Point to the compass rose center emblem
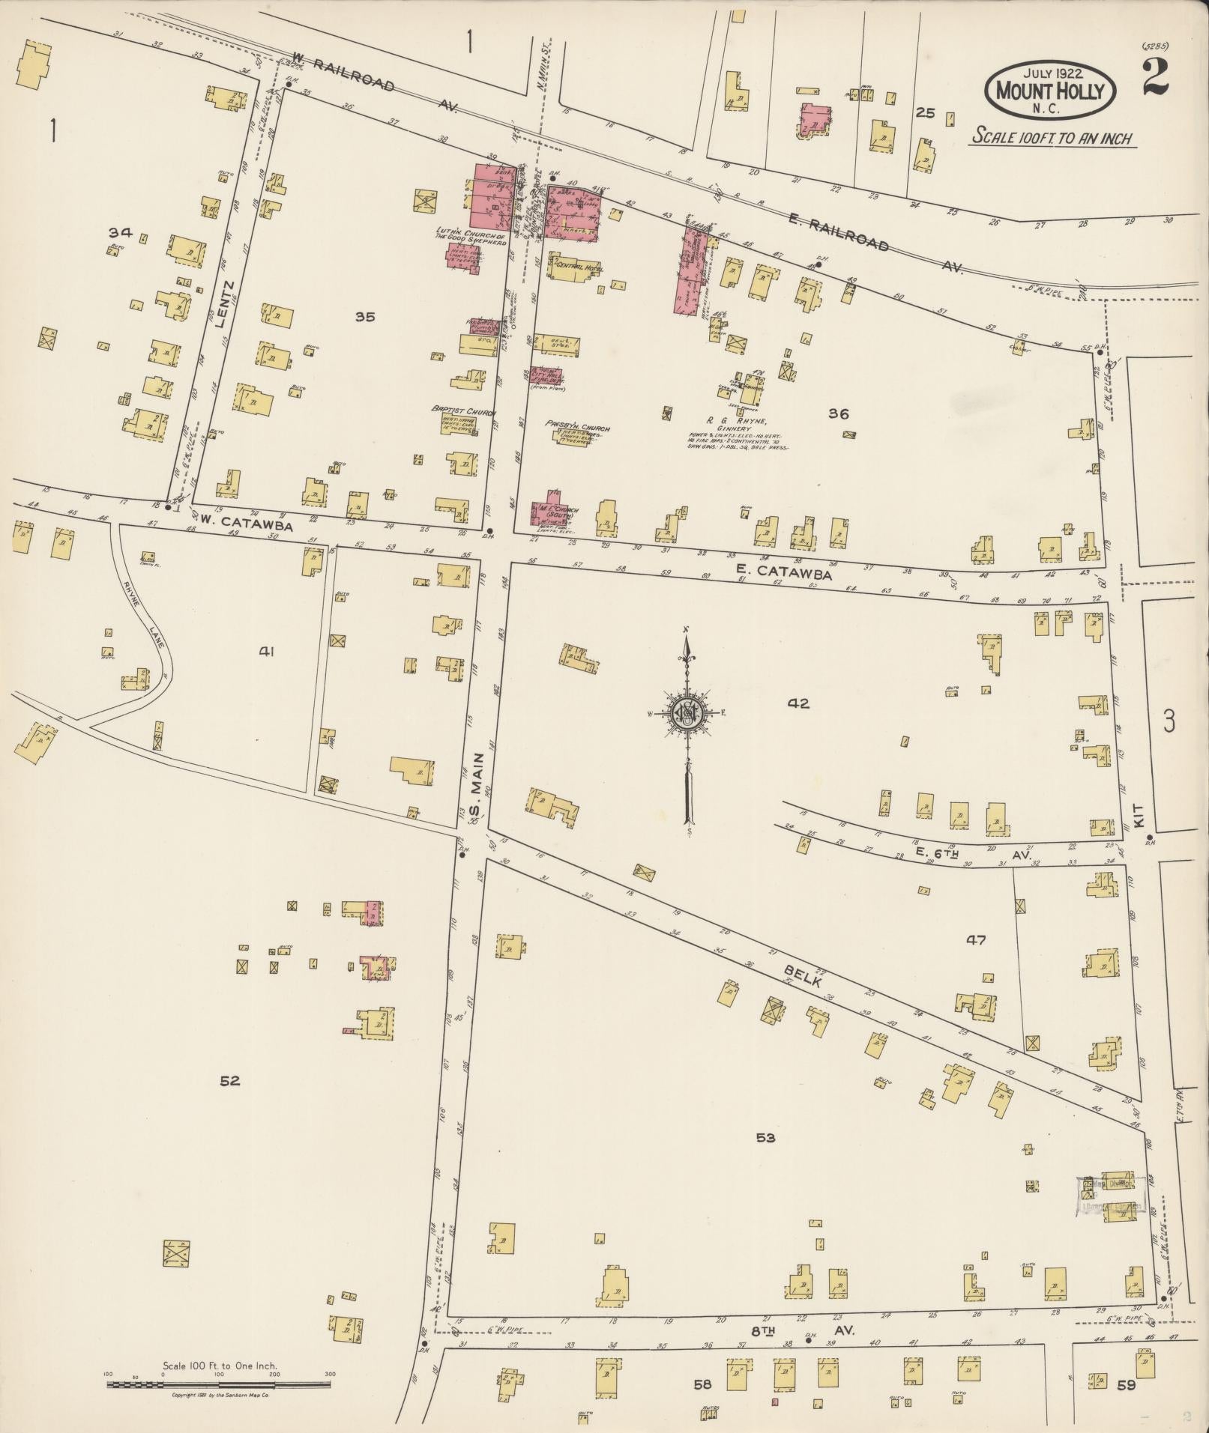(x=684, y=713)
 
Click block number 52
(x=229, y=1081)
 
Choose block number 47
(x=976, y=940)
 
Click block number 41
(x=266, y=652)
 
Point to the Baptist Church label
(x=459, y=411)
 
